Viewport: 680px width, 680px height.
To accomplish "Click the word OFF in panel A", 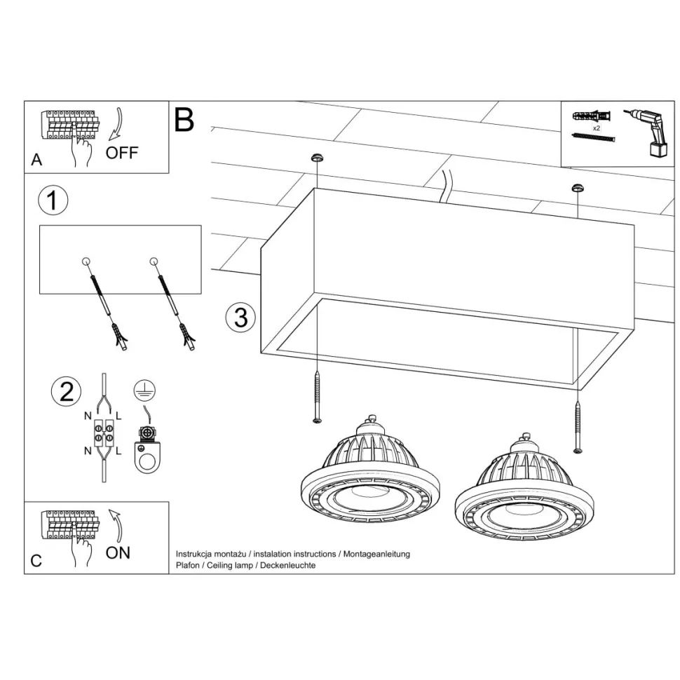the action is (x=122, y=153).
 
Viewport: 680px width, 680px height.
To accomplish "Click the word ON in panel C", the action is (x=118, y=553).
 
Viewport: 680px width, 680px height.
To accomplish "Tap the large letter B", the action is (x=184, y=120).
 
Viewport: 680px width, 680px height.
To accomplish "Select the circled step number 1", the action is (x=53, y=200).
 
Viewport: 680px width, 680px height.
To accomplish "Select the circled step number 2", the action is (x=66, y=391).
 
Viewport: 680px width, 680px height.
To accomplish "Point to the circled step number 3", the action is (x=240, y=318).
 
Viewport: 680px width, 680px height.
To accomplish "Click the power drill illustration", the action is (x=648, y=132).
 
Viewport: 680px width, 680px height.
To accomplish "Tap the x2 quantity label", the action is (x=597, y=128).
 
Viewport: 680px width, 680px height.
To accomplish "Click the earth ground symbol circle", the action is (x=144, y=390).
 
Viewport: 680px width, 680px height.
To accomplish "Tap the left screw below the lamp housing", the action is (x=318, y=397).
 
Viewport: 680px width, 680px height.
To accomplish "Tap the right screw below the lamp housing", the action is (x=578, y=428).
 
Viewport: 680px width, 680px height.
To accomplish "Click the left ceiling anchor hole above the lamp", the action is (x=318, y=157).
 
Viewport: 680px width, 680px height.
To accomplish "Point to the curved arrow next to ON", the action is (x=116, y=526).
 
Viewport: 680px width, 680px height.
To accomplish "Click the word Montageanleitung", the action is (x=376, y=554).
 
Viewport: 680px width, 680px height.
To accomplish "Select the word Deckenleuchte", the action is (x=288, y=565).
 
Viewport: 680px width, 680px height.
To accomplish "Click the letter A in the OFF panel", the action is (x=36, y=160).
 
